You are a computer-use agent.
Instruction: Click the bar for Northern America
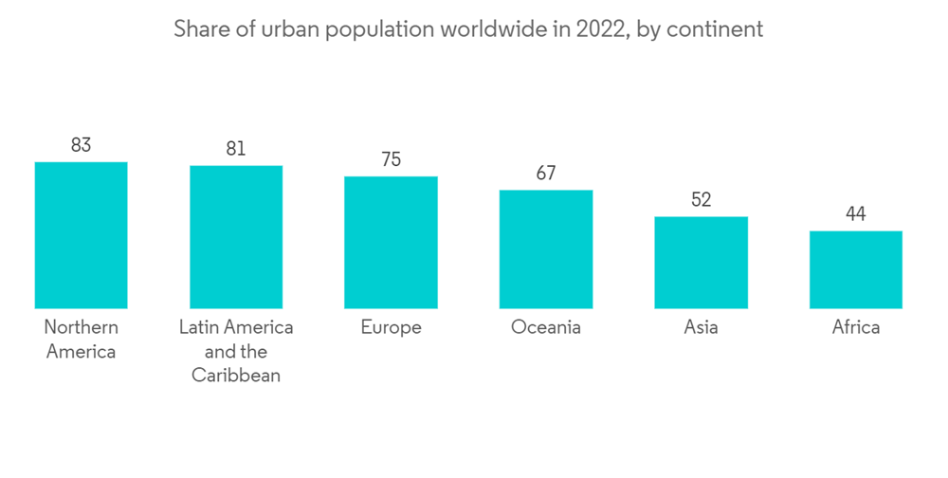81,235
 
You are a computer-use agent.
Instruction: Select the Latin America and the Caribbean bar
236,237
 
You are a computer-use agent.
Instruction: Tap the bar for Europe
391,243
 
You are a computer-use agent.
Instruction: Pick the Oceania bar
546,249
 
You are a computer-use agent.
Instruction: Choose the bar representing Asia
701,263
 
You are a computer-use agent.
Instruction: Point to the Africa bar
856,269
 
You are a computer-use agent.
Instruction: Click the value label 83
81,145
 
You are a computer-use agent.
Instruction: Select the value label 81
236,149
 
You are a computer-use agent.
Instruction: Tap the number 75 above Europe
391,159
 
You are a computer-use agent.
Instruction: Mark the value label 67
546,174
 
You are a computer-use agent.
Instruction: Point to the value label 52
701,200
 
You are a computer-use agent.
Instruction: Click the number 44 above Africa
856,214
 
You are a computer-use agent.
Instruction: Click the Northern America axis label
81,340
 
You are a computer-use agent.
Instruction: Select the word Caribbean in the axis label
236,376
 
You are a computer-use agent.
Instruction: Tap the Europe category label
391,327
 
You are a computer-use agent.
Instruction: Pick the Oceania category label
546,327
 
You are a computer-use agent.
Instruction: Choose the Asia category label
701,327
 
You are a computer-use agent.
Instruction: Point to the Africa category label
856,327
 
